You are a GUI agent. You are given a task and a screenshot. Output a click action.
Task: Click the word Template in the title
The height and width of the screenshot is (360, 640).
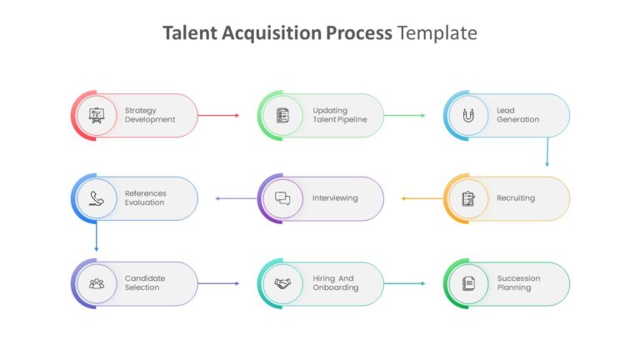[x=437, y=33]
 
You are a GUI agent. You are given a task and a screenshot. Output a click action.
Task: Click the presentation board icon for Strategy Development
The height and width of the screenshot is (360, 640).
[x=97, y=116]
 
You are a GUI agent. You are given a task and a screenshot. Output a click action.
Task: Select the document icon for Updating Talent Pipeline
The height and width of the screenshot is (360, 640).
[x=282, y=116]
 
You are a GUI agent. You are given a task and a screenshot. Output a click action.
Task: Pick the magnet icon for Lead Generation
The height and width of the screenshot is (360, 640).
[x=468, y=116]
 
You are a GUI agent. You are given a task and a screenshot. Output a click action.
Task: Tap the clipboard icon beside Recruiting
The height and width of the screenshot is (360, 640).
[x=468, y=199]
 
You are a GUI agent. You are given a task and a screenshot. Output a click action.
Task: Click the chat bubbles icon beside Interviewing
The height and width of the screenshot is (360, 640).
[x=282, y=198]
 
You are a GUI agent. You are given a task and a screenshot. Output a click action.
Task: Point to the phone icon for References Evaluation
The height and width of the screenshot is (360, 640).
[x=97, y=198]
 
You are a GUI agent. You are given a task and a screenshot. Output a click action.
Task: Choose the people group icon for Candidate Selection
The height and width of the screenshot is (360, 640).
[x=97, y=283]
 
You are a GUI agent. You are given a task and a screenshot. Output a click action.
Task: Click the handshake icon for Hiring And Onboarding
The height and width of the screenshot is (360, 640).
[x=282, y=283]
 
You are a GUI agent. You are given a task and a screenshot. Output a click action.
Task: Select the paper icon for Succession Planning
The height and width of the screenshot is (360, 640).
[x=468, y=283]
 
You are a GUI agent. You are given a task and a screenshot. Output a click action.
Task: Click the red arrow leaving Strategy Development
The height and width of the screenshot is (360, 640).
[x=218, y=116]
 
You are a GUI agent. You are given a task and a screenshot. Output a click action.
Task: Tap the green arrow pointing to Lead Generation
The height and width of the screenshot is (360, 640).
[x=404, y=116]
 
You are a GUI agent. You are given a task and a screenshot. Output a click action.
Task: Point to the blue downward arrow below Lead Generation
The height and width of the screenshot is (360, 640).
[x=547, y=152]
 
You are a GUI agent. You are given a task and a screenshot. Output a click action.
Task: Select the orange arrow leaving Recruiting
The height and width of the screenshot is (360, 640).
[x=422, y=198]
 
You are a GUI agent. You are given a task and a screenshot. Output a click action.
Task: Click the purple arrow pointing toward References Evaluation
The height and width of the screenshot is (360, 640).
[x=236, y=198]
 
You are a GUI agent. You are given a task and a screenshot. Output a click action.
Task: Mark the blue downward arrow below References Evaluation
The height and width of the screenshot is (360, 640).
[x=97, y=237]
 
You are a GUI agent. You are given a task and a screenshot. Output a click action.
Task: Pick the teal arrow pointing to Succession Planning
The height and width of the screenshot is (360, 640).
[x=404, y=283]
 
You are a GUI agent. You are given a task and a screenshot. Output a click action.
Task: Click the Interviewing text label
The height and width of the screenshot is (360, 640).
[x=335, y=198]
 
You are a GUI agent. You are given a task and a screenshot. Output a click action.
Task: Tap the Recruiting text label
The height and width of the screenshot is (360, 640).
[x=516, y=198]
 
